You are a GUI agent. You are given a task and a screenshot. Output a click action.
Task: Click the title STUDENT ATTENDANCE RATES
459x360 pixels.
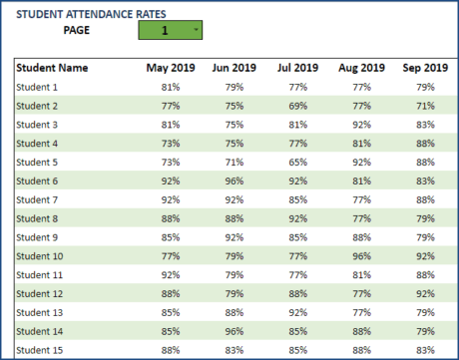pos(91,14)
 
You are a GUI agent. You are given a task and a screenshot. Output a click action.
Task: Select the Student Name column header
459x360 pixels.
pos(52,68)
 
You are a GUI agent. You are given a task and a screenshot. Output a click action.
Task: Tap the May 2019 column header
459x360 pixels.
pos(170,68)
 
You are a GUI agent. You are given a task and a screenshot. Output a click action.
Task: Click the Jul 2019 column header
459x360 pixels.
pos(296,68)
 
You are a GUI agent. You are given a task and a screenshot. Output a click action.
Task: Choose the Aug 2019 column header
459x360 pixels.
pos(361,68)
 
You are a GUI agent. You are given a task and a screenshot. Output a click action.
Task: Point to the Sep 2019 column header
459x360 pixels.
pos(425,68)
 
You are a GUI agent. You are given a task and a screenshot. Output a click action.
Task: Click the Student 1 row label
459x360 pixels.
pos(37,87)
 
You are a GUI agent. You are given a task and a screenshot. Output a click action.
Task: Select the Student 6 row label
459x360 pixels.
pos(37,180)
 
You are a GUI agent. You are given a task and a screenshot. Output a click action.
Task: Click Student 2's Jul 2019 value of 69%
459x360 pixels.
pos(298,106)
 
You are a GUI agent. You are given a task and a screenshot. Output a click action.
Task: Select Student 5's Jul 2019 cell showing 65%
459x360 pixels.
pos(298,162)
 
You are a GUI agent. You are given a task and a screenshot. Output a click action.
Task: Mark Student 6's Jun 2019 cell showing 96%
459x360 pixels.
pos(234,180)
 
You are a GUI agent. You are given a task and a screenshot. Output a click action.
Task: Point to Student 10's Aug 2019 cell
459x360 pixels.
pos(362,255)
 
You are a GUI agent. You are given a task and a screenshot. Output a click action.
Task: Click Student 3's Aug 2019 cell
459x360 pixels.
pos(362,125)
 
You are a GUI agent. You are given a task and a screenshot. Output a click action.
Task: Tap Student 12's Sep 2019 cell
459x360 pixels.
pos(426,293)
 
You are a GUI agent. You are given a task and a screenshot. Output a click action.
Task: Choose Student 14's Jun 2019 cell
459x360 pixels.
pos(234,330)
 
